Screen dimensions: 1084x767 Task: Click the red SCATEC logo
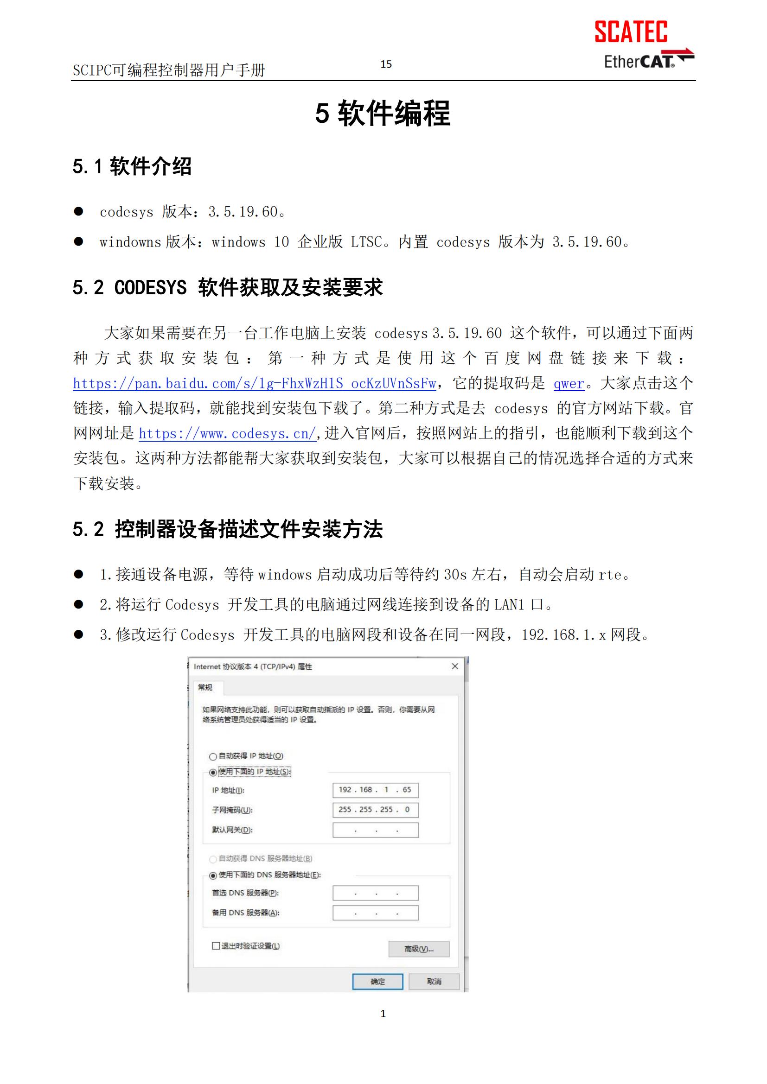click(631, 32)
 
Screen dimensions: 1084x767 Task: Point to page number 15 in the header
click(386, 64)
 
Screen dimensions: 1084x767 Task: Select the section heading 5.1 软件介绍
click(132, 166)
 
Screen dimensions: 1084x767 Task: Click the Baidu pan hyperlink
click(254, 383)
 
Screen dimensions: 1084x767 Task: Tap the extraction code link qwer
click(569, 383)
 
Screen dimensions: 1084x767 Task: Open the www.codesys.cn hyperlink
click(227, 433)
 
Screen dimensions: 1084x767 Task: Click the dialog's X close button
click(455, 666)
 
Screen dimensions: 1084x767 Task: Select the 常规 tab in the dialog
click(205, 687)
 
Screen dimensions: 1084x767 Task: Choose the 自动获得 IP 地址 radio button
click(213, 756)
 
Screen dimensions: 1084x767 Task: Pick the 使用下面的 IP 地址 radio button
click(213, 773)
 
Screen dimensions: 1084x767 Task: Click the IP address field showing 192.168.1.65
click(376, 790)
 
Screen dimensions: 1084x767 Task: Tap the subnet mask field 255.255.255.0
click(376, 810)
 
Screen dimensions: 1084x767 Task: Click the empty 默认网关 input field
click(376, 830)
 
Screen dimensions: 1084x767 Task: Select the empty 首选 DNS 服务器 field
click(376, 893)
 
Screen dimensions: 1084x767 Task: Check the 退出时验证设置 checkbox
click(216, 946)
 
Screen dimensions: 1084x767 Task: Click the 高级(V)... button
click(418, 949)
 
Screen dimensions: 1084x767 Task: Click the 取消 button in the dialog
click(434, 982)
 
